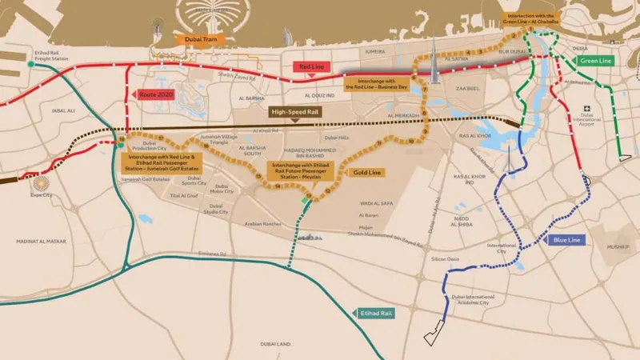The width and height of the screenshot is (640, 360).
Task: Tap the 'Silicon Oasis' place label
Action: (446, 259)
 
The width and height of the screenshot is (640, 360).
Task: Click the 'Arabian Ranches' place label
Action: (263, 226)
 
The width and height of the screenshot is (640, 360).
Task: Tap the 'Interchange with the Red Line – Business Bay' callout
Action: (382, 83)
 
